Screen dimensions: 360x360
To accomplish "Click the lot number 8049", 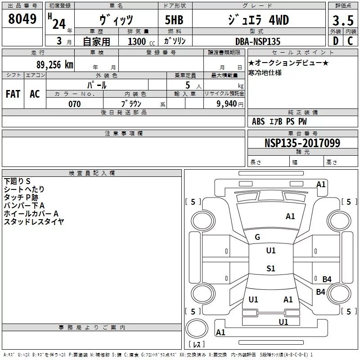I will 22,19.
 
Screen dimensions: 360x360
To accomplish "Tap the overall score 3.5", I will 342,21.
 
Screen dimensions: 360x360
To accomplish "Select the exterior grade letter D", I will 335,41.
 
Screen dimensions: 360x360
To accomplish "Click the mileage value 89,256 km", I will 54,64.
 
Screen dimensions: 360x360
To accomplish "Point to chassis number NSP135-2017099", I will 302,143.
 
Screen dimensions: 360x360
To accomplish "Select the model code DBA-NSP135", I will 258,41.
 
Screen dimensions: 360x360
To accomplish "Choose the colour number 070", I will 74,104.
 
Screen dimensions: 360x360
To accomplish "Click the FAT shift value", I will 13,94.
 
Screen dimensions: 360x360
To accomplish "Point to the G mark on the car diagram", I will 257,237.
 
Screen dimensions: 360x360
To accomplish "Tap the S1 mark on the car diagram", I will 270,269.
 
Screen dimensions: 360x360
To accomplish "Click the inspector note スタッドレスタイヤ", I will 34,221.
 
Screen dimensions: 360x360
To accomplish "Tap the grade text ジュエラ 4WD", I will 259,20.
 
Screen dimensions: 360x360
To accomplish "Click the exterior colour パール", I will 97,85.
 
